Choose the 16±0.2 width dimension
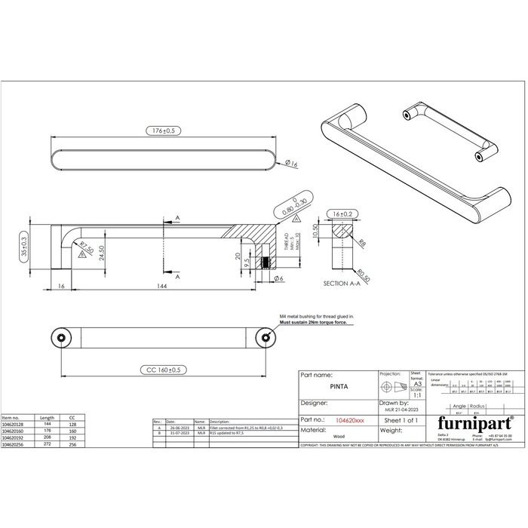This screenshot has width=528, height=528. (x=344, y=213)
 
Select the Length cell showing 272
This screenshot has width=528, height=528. (x=47, y=445)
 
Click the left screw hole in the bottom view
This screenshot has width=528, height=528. (x=60, y=336)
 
